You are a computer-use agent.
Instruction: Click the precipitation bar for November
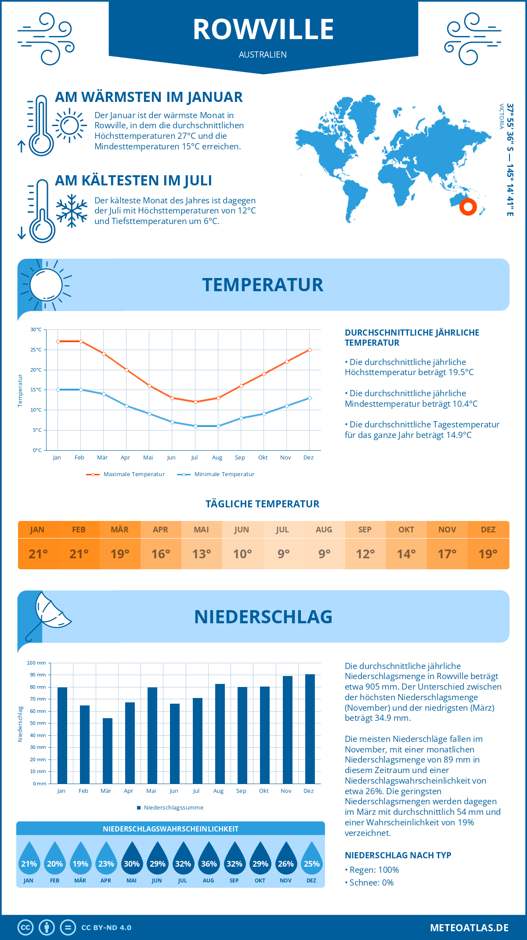[287, 730]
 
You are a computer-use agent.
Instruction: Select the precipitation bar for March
[108, 751]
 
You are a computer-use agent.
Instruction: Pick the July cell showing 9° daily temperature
[283, 553]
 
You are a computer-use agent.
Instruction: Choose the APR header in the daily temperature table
[161, 530]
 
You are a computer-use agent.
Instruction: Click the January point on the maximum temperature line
[58, 341]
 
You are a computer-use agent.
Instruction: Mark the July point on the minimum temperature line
[195, 426]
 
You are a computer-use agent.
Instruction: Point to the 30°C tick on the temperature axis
[36, 329]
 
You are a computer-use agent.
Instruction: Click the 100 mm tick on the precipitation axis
[36, 663]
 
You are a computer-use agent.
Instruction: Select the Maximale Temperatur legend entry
[126, 474]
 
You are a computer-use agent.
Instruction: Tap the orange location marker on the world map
[468, 206]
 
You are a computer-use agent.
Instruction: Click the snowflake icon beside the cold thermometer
[72, 211]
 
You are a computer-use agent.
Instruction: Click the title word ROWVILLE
[263, 29]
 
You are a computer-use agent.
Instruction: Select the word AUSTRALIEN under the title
[263, 54]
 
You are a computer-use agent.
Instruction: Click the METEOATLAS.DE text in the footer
[469, 928]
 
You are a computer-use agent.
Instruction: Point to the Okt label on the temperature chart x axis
[263, 458]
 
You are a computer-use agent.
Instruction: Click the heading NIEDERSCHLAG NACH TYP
[398, 855]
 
